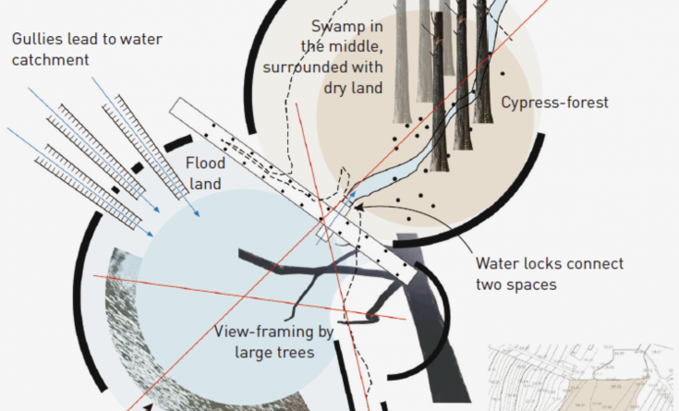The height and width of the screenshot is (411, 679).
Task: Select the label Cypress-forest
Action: (x=553, y=103)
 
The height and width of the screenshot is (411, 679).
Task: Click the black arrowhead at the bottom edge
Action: (x=149, y=404)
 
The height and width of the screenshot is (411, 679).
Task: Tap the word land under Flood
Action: (x=206, y=184)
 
